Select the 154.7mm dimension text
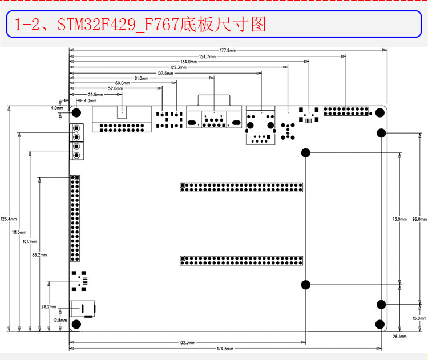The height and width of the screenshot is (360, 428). point(207,56)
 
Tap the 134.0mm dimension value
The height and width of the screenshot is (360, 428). point(189,62)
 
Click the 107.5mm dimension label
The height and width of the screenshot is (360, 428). point(165,73)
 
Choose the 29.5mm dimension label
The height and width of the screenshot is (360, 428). point(95,94)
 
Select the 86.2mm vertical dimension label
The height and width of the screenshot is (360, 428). point(39,254)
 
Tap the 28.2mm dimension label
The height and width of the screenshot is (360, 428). point(49,306)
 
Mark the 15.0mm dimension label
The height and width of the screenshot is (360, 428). point(419,318)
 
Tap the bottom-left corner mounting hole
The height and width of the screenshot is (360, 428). point(76,324)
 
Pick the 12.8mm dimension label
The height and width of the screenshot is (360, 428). point(60,320)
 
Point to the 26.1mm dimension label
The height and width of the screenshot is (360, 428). point(399,337)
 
